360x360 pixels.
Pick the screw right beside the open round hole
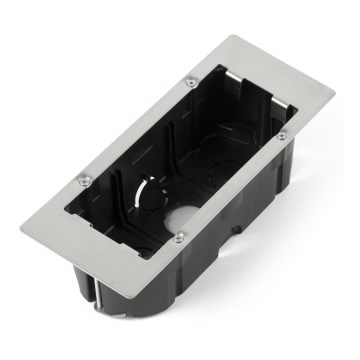coord(180,237)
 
